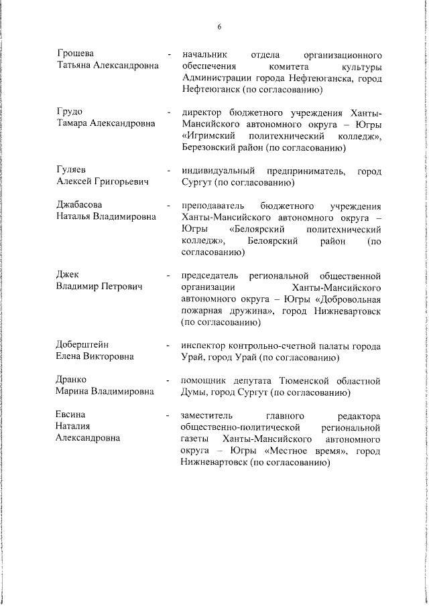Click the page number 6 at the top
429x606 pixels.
click(219, 27)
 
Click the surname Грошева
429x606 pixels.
click(75, 53)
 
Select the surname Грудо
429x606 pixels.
click(69, 111)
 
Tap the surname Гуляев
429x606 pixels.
click(72, 169)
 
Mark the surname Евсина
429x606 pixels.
click(72, 414)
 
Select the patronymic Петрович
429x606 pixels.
click(121, 287)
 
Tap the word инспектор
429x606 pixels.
click(204, 345)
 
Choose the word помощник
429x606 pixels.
click(204, 380)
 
